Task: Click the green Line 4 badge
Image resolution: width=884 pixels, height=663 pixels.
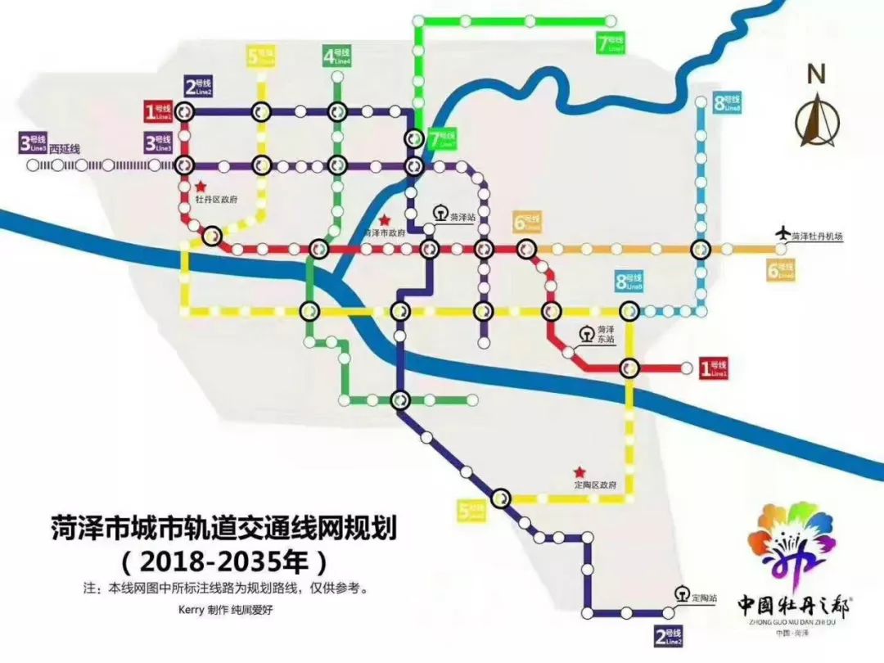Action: click(336, 56)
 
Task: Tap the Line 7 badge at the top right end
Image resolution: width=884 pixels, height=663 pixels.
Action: click(611, 43)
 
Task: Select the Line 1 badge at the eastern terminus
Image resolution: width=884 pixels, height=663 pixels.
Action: click(713, 369)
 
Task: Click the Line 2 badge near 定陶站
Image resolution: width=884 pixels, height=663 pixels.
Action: click(668, 636)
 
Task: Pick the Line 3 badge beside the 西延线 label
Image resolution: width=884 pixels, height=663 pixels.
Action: click(32, 143)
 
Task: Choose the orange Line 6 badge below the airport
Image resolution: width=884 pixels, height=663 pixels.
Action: click(780, 269)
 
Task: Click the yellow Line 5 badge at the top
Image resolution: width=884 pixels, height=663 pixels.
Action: click(261, 56)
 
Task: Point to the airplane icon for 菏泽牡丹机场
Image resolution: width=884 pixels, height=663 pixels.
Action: click(783, 234)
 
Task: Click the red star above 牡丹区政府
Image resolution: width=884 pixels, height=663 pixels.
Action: click(200, 187)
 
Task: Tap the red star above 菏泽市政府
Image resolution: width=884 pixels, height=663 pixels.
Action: click(384, 220)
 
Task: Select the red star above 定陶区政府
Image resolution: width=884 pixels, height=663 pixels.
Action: click(580, 472)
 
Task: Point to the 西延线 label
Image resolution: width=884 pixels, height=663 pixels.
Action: click(65, 149)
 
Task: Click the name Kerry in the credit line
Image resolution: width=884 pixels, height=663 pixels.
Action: click(190, 610)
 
